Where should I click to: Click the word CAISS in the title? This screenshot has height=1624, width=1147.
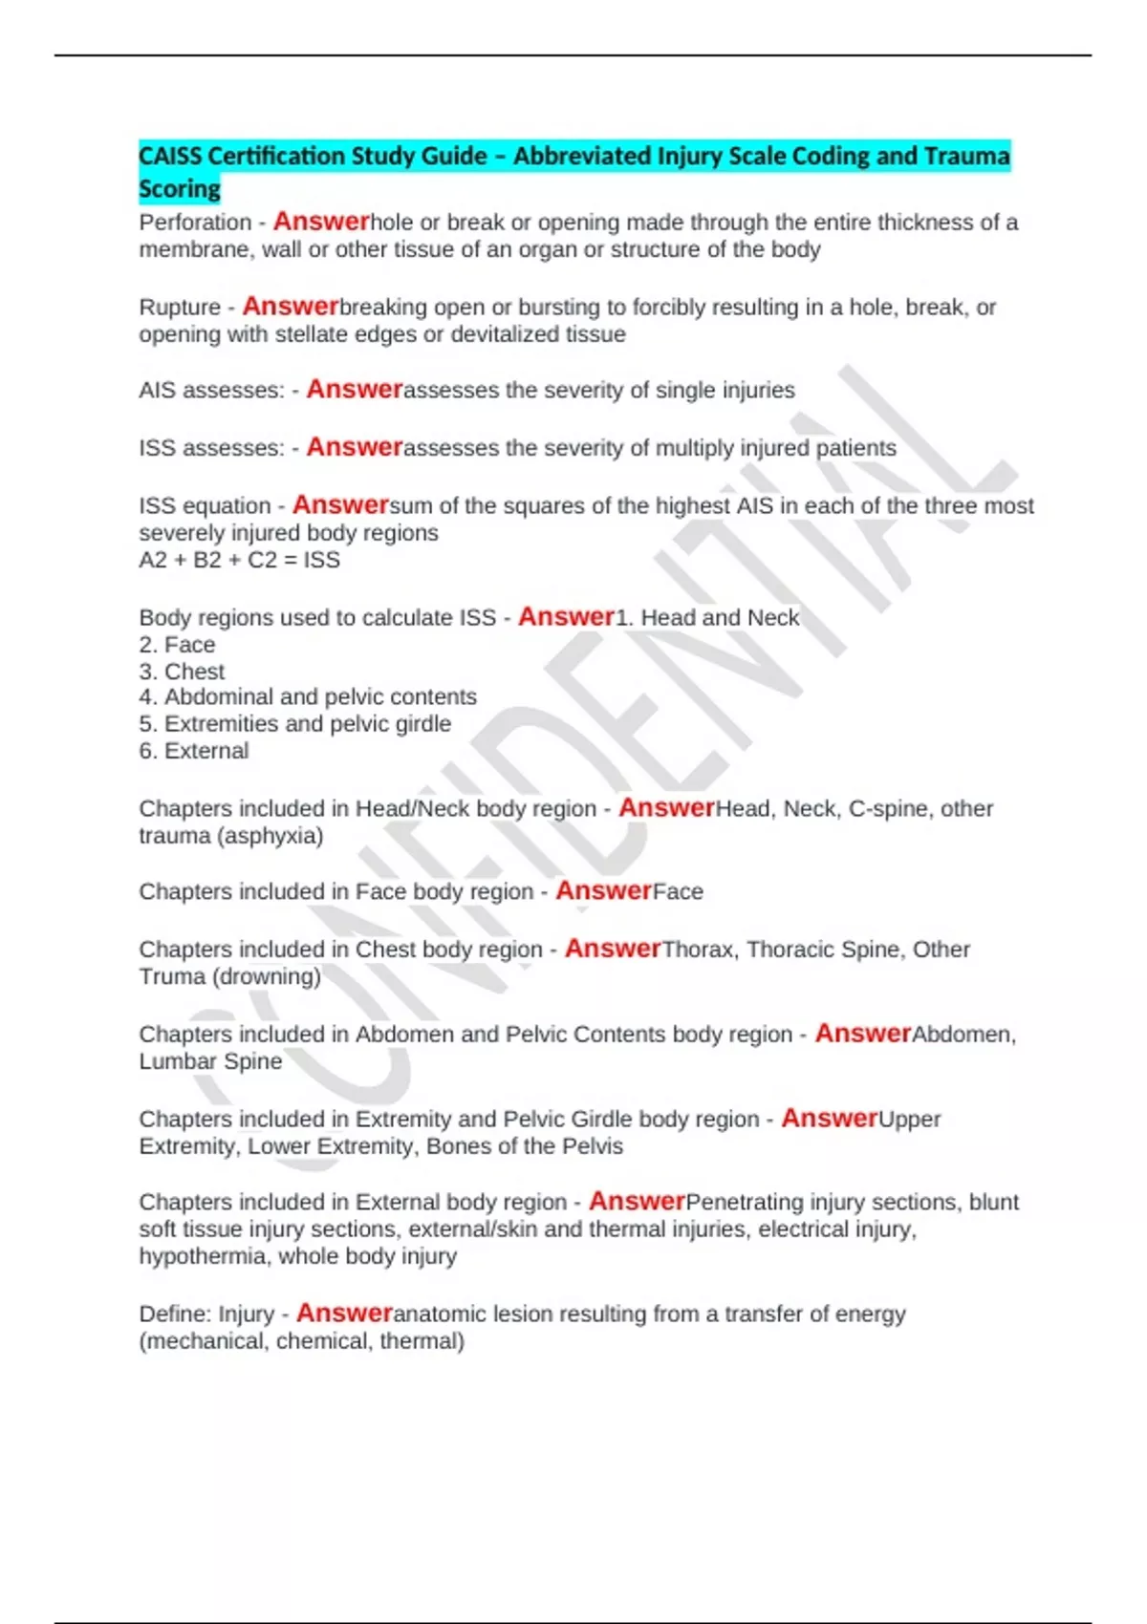(169, 156)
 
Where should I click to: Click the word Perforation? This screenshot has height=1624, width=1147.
(195, 223)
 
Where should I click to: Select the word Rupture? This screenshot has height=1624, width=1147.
(180, 308)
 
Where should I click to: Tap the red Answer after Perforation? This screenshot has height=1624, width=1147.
(321, 222)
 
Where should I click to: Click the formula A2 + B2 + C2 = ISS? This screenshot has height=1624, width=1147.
(239, 560)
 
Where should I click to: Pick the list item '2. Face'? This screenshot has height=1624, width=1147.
(177, 645)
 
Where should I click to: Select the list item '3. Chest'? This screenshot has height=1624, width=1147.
(182, 672)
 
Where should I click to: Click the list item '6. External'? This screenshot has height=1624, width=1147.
(193, 751)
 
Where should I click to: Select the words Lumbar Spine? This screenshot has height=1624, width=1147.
(210, 1061)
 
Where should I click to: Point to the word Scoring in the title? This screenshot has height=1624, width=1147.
(180, 189)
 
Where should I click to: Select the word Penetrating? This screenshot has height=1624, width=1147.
(747, 1202)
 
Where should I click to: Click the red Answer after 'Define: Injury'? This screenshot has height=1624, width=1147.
(344, 1314)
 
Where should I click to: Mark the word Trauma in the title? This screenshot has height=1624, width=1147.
(967, 156)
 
